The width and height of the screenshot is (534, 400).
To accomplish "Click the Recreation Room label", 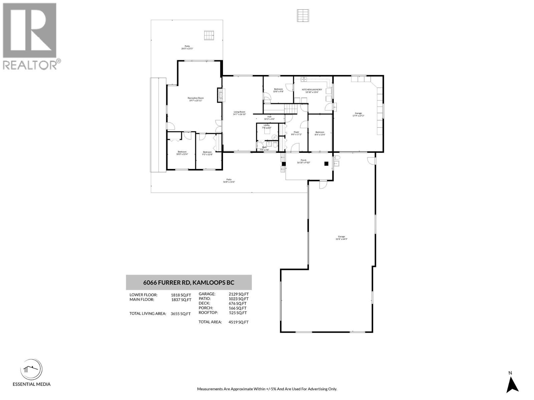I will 195,99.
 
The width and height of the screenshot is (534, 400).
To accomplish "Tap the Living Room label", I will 239,113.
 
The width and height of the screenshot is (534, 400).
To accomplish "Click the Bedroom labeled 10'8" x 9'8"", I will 278,90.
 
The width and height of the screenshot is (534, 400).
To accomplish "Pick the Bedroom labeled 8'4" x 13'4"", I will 320,133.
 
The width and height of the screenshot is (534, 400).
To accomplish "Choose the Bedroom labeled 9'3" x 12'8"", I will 207,153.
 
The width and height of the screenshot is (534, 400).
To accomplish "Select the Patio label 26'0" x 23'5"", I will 187,47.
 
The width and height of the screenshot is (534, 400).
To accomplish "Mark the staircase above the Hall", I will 290,109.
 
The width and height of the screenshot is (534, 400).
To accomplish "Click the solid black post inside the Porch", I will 326,163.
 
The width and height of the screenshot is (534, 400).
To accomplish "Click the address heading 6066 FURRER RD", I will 189,282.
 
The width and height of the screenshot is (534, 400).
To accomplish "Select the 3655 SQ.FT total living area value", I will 181,314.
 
